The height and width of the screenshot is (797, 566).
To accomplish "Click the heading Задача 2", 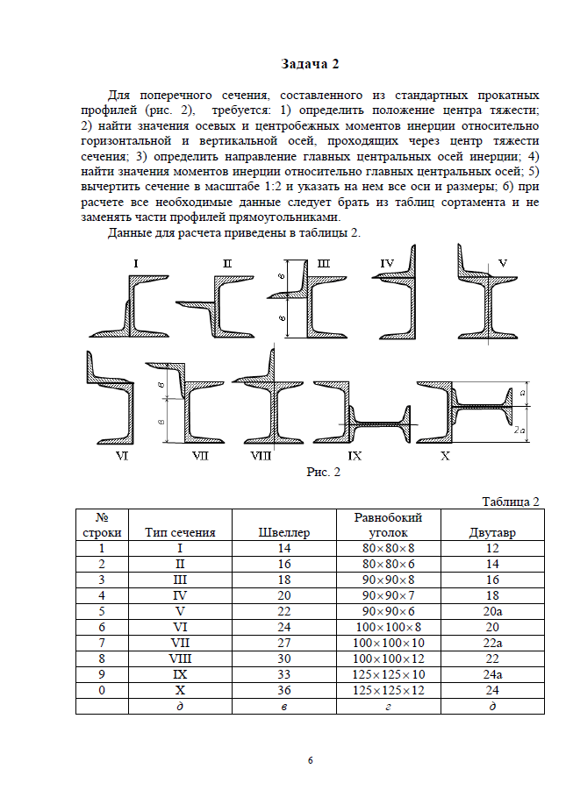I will pyautogui.click(x=309, y=63).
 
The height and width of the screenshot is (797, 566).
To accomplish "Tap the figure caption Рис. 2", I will pyautogui.click(x=322, y=473).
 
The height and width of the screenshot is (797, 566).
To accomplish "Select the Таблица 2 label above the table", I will pyautogui.click(x=510, y=501).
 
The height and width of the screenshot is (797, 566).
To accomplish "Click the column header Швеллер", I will pyautogui.click(x=284, y=532).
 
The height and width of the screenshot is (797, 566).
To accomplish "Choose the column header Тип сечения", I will pyautogui.click(x=180, y=532).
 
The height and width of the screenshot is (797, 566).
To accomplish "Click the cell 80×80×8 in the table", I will pyautogui.click(x=388, y=548).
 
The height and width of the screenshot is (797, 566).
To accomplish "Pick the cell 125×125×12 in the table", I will pyautogui.click(x=388, y=690).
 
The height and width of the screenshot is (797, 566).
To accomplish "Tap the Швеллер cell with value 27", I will pyautogui.click(x=284, y=643).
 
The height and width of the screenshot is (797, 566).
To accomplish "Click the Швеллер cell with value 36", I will pyautogui.click(x=284, y=690).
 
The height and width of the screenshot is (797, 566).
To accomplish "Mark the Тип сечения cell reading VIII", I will pyautogui.click(x=180, y=658).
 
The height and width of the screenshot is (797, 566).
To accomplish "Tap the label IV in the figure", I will pyautogui.click(x=387, y=263).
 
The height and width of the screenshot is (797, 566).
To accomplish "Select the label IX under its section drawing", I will pyautogui.click(x=355, y=455).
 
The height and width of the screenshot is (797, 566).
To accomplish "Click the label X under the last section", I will pyautogui.click(x=445, y=455).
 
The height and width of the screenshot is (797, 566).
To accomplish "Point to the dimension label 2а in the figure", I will pyautogui.click(x=520, y=431).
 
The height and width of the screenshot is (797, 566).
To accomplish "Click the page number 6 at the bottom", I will pyautogui.click(x=310, y=758).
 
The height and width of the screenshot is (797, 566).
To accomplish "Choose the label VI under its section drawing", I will pyautogui.click(x=122, y=456).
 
